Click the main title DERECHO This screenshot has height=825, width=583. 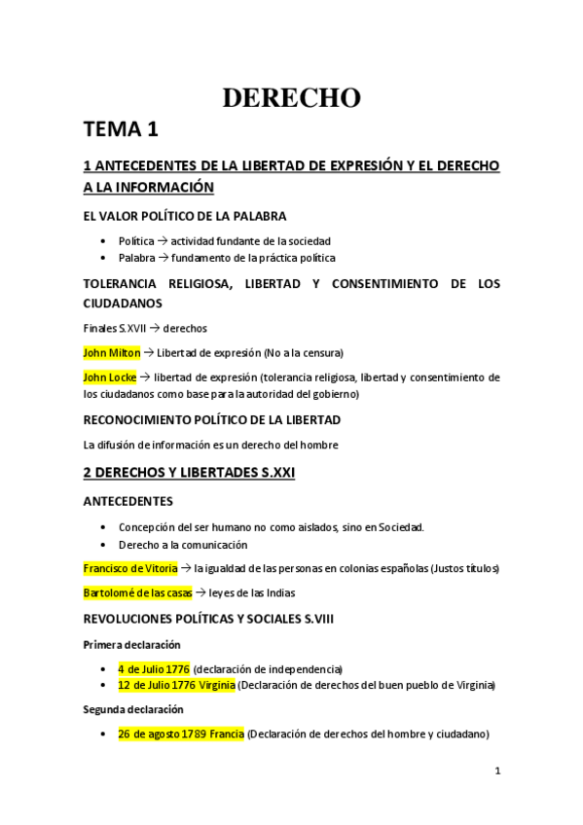coord(291,97)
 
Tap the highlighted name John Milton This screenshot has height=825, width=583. coord(112,351)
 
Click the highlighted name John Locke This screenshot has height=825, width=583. coord(110,377)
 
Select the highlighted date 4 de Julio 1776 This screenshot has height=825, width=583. coord(154,669)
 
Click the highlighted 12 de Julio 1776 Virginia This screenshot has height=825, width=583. coord(176,685)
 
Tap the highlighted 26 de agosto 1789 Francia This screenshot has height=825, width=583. coord(181,734)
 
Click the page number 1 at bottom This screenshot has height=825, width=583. coord(496,771)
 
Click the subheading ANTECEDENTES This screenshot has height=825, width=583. coord(128,501)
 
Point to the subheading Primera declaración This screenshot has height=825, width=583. coord(131,644)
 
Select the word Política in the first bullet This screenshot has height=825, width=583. coord(135,240)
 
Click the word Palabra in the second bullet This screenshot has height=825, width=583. coord(136,258)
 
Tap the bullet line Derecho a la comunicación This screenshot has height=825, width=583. coord(183,545)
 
